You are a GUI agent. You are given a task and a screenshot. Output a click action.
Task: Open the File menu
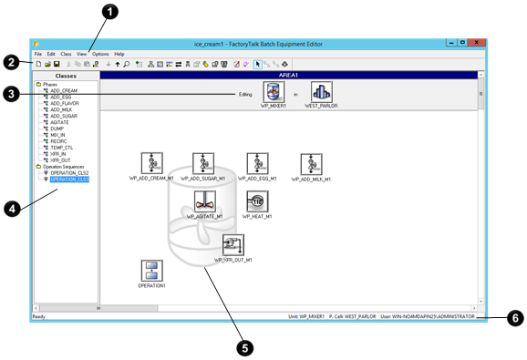coord(38,54)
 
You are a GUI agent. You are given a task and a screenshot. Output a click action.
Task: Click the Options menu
coord(99,54)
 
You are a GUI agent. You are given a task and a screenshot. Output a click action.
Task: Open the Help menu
coord(119,54)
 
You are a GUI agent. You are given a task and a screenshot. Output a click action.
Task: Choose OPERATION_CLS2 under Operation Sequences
coord(69,173)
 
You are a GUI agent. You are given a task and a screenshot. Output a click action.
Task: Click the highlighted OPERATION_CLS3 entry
coord(69,180)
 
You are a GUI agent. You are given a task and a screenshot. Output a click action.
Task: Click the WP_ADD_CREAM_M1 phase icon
coord(151,164)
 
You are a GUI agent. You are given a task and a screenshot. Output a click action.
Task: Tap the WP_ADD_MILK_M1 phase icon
coord(313,164)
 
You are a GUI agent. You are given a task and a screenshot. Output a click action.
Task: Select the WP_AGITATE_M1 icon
coord(204,201)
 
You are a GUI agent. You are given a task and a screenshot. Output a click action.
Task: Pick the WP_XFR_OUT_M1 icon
coord(233,245)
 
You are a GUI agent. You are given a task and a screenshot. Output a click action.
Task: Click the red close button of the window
coord(480,43)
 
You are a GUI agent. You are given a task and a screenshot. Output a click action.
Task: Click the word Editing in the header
coord(245,93)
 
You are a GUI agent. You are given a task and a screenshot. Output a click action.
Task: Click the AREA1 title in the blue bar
coord(287,75)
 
